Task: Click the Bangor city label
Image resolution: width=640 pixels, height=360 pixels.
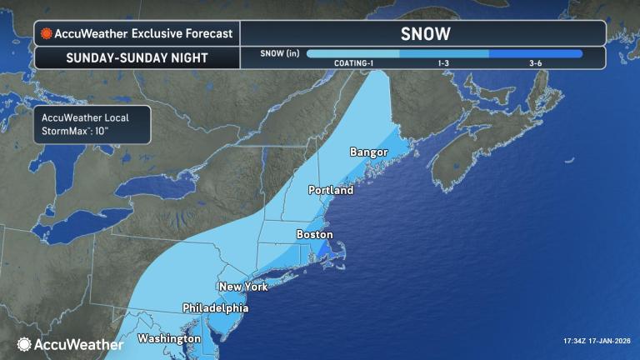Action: (369, 153)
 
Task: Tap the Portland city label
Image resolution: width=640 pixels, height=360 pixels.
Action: (331, 190)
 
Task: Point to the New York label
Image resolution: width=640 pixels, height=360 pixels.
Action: (242, 287)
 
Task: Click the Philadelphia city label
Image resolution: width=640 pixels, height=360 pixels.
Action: (215, 307)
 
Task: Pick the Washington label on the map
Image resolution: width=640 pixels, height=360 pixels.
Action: (169, 338)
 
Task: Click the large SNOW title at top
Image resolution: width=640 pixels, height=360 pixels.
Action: (425, 33)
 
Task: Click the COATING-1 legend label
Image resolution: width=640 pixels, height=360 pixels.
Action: (353, 63)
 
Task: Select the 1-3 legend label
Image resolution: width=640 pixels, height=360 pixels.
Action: (445, 63)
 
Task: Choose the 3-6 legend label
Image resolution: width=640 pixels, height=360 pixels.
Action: (537, 63)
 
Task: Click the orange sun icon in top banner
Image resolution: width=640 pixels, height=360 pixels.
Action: (47, 33)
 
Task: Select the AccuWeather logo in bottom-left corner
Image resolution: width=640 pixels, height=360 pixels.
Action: (70, 343)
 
